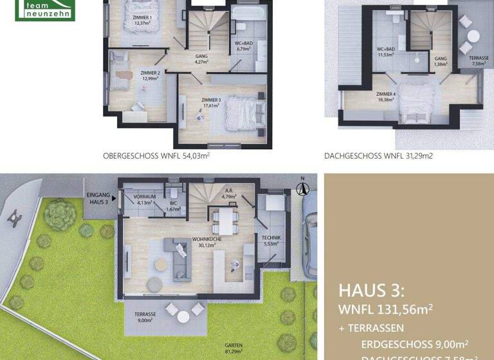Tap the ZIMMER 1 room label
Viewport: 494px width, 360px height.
[142, 20]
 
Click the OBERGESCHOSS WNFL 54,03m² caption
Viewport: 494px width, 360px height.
[156, 156]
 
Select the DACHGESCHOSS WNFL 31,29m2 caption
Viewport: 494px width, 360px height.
[377, 156]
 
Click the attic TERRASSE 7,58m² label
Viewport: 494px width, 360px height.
[479, 61]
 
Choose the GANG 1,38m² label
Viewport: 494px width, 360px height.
[441, 61]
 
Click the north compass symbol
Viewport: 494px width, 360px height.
[302, 188]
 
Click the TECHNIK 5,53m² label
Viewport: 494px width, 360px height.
[271, 240]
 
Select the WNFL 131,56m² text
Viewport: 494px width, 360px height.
[385, 310]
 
